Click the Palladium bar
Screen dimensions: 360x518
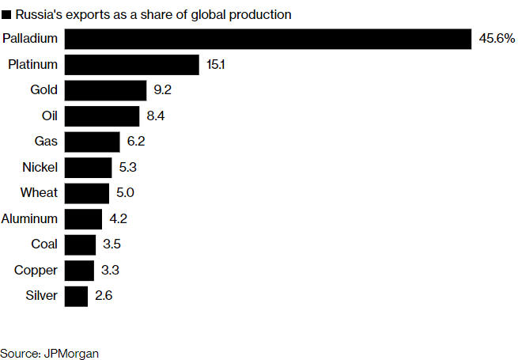point(268,39)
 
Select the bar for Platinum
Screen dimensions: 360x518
point(131,65)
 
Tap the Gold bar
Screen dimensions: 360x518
point(105,90)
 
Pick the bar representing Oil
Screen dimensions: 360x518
point(102,116)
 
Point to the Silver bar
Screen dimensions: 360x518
point(76,297)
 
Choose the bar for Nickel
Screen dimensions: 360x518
point(88,168)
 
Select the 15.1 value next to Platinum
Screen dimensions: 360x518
point(216,65)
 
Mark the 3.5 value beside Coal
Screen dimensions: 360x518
point(112,244)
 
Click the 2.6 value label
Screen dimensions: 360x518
point(104,297)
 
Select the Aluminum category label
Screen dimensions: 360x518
point(30,219)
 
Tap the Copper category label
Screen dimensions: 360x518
point(36,271)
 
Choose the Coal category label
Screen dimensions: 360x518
point(44,244)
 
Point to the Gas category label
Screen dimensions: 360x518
point(46,142)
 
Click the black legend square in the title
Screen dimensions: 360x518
point(6,14)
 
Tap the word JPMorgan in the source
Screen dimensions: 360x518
point(72,353)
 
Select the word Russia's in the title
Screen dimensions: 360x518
point(36,14)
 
